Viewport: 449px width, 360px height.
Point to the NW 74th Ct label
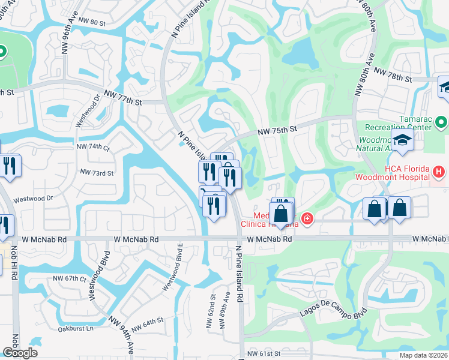94,147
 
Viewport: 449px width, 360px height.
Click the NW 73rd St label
97,173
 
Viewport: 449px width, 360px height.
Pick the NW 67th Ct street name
70,278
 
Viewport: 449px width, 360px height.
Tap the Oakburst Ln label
76,328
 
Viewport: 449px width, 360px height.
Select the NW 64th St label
148,323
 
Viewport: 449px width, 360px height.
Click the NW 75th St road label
278,129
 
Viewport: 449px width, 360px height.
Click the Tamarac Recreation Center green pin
442,124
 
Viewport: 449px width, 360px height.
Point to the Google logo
19,353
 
